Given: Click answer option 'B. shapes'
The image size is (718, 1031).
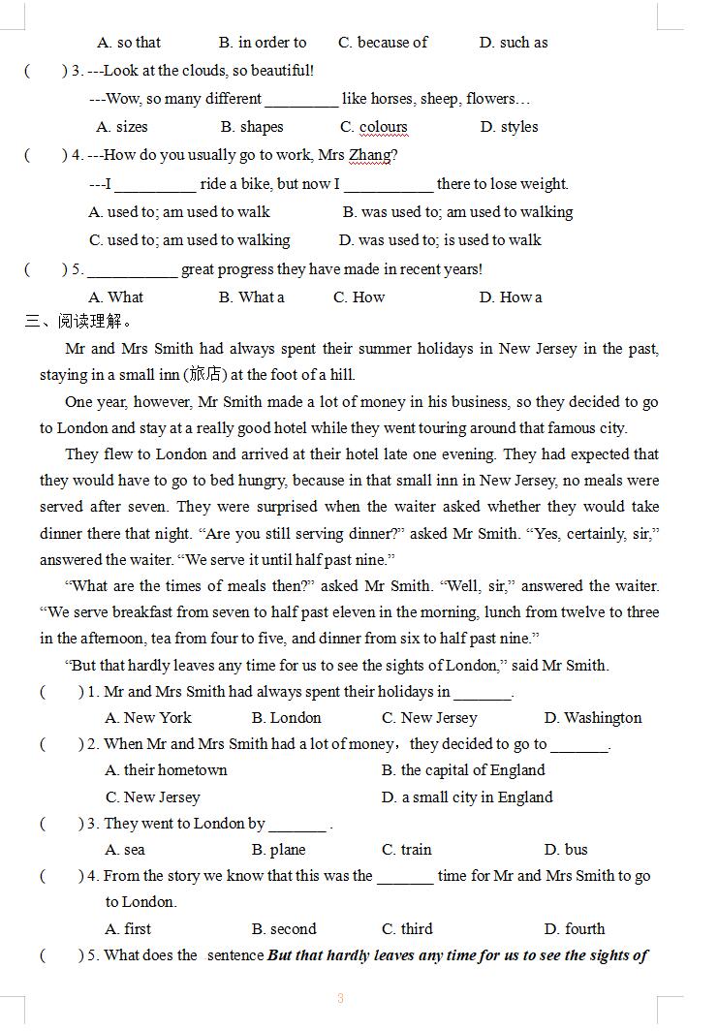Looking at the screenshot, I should pos(252,127).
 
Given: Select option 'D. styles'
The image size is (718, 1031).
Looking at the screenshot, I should pos(509,127).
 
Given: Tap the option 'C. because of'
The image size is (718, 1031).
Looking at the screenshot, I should pos(383,43).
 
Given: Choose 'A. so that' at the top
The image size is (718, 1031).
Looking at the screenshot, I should pos(129,43).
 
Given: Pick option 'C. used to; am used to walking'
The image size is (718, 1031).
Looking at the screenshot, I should pos(189,240).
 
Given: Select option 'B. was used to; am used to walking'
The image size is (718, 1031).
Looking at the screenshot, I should pos(457,212).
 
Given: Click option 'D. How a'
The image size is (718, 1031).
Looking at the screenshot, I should pos(511,297).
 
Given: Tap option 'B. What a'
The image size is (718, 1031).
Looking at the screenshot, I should pos(252,297).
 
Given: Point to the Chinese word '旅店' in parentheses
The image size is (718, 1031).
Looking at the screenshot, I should pos(204,375).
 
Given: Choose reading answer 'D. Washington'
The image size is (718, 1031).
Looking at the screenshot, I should pos(593,718).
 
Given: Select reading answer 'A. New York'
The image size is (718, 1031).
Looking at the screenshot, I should pos(148,718).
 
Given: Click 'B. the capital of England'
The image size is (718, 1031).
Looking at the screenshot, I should pos(463,770).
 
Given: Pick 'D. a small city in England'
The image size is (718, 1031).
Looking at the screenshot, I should pos(467,797).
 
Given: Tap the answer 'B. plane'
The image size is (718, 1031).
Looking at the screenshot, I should pos(279,850).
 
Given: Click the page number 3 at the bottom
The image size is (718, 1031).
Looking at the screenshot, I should pos(340,999).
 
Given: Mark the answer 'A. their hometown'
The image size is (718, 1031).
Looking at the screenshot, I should pos(166,770).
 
